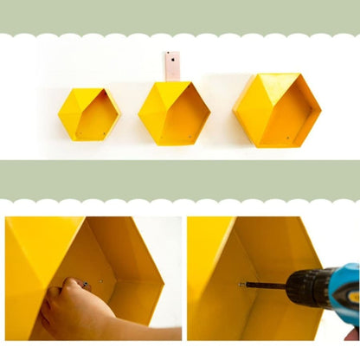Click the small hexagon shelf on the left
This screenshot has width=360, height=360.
[x=88, y=114]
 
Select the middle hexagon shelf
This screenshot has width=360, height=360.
[x=173, y=113]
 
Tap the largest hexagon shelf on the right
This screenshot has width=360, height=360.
[x=277, y=110]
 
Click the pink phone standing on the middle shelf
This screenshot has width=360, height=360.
[x=172, y=67]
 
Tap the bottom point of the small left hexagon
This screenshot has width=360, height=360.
[x=88, y=140]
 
